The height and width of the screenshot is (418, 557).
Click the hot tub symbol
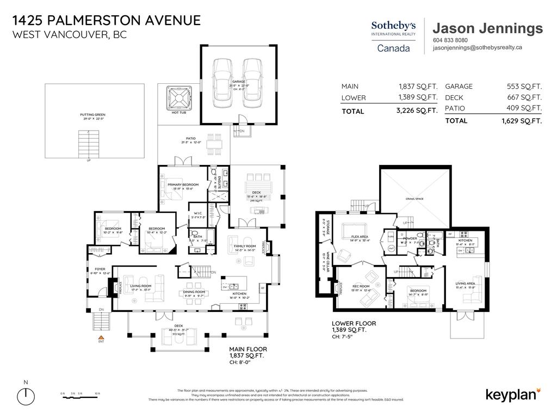coord(179,99)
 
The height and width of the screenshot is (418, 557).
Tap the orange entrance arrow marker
coord(101,338)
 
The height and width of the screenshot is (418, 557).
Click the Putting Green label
coord(92,116)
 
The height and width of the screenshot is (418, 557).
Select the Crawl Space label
coord(414,199)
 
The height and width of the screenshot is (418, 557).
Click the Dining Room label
coord(193,293)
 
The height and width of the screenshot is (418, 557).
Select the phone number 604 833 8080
coord(450,40)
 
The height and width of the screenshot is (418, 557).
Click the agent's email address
coord(477,48)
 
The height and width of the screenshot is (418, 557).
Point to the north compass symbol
coord(26,394)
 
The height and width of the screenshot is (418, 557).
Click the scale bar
coord(82,397)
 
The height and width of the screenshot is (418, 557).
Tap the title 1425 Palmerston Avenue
coord(106,21)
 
